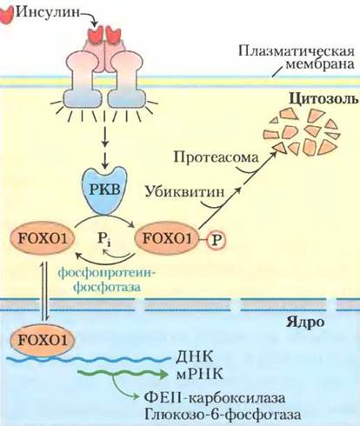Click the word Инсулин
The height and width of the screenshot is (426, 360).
point(47,12)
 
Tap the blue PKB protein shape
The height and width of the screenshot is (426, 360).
point(105,190)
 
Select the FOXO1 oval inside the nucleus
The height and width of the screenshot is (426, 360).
point(43,340)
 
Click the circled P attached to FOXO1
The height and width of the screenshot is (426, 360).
point(216,240)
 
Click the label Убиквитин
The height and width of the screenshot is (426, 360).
point(184,191)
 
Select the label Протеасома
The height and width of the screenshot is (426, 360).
point(217,157)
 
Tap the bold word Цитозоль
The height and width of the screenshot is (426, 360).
point(324,99)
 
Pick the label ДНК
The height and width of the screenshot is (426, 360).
point(195,356)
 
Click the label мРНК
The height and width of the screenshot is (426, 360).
point(199,374)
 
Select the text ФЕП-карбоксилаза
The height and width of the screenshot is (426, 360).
point(215,398)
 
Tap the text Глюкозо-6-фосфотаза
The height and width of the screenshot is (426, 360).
point(223,415)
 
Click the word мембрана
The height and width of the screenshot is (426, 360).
point(320,63)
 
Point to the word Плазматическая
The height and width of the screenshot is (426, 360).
point(297,51)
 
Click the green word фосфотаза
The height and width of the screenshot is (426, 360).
point(107,287)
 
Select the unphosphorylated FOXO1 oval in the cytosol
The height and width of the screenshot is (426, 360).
point(43,239)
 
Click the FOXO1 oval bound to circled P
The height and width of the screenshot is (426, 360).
point(168,239)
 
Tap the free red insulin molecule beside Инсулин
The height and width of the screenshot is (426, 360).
point(7,15)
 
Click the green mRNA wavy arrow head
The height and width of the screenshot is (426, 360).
point(163,375)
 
